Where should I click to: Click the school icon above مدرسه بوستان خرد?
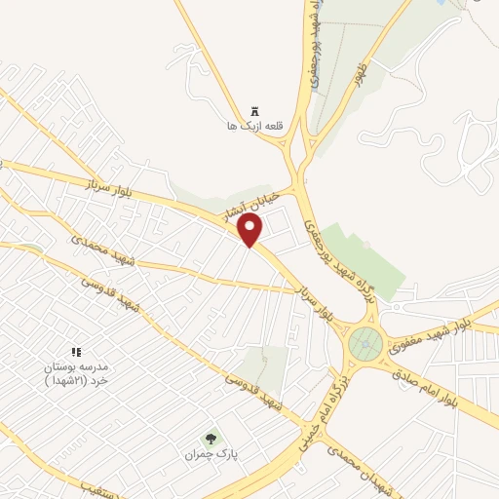click(76, 351)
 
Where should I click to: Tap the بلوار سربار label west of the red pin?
click(101, 187)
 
